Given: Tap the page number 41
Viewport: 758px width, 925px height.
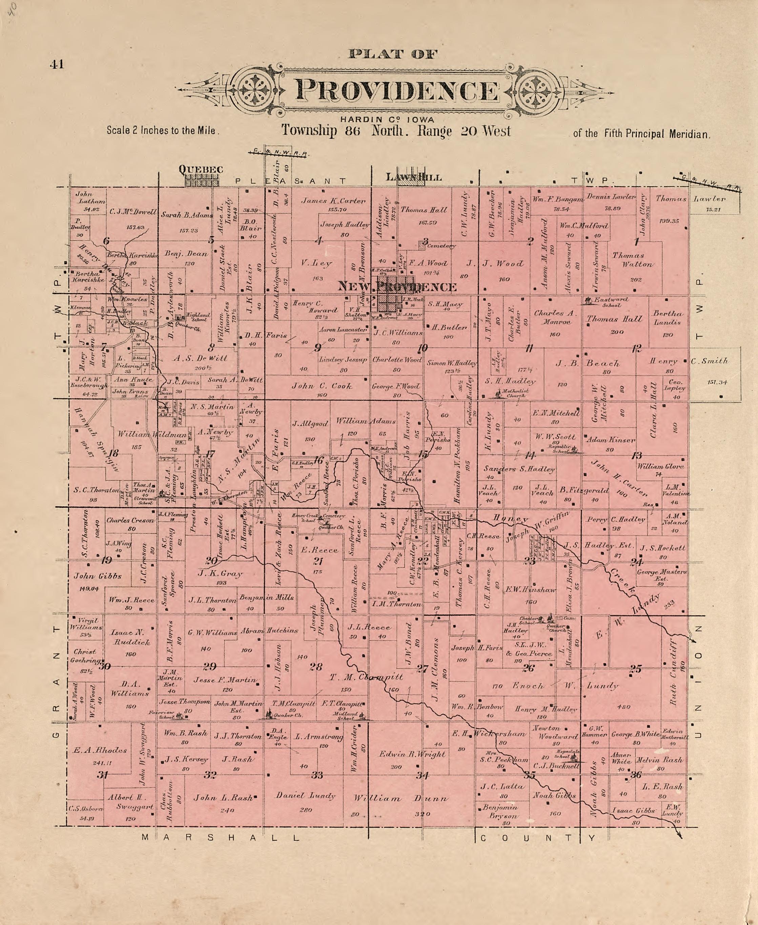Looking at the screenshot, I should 57,64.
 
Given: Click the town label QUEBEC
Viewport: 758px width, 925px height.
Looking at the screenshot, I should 201,169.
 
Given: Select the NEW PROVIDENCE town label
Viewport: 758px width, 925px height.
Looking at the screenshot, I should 397,287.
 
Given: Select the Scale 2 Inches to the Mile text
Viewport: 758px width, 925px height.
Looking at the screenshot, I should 162,130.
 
